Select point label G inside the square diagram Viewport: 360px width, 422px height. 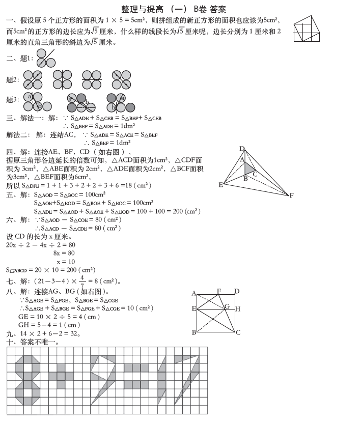point(227,306)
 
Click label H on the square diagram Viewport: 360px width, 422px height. point(238,309)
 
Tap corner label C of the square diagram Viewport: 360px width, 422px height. point(238,333)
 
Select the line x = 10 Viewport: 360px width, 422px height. point(63,261)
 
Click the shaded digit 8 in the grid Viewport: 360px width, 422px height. point(27,379)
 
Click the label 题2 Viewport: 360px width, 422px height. point(13,79)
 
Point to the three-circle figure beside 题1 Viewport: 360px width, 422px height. point(45,58)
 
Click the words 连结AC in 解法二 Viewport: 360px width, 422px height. point(63,135)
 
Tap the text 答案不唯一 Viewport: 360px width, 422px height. point(39,343)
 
